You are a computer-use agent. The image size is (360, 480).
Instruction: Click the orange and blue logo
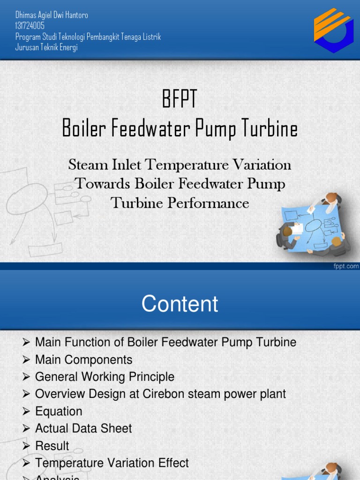click(333, 30)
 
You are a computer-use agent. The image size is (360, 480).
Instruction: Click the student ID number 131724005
click(30, 26)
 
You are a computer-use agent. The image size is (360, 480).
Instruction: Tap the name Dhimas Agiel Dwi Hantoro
click(52, 15)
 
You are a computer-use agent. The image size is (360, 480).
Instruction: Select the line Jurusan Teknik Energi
click(46, 47)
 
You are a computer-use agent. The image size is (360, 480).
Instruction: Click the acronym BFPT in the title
click(180, 100)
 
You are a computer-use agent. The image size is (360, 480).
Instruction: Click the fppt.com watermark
click(346, 266)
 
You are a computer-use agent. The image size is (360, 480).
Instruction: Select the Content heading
click(180, 304)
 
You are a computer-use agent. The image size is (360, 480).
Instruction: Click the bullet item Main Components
click(83, 360)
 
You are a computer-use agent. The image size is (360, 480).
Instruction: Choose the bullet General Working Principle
click(105, 377)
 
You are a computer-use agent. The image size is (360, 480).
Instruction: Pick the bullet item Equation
click(59, 412)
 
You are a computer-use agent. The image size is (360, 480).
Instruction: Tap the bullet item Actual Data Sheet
click(83, 428)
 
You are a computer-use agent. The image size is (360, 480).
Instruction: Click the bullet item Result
click(52, 446)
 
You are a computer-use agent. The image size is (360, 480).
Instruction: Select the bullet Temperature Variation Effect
click(112, 463)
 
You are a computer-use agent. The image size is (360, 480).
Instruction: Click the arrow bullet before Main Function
click(26, 343)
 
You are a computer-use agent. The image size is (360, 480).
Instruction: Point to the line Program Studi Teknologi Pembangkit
click(88, 37)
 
